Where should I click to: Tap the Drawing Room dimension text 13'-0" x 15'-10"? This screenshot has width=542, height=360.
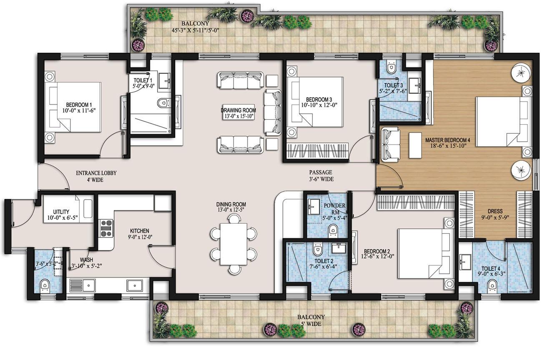[238, 116]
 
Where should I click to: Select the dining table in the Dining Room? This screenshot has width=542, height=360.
[233, 244]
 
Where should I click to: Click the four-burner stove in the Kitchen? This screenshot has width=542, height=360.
[106, 228]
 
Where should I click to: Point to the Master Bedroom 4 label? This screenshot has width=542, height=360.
[447, 140]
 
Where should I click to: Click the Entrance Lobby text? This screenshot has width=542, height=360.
[96, 173]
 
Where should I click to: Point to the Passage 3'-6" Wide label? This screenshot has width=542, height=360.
[320, 175]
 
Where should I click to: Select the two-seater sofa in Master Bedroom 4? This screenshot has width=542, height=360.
[390, 143]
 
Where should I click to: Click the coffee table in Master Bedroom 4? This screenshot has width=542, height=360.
[415, 145]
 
